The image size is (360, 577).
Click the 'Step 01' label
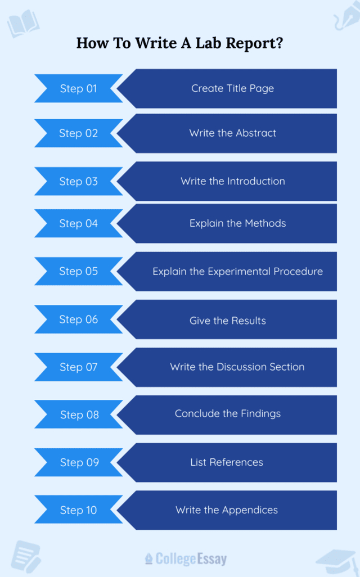(x=78, y=89)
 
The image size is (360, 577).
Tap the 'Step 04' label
(x=78, y=224)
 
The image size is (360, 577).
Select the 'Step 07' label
(x=78, y=367)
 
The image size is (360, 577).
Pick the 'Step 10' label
(x=78, y=511)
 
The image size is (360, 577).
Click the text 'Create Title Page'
(x=232, y=88)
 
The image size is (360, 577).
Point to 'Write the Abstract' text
(x=232, y=133)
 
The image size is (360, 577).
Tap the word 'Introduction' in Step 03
(x=256, y=181)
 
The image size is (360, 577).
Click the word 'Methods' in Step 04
(x=264, y=223)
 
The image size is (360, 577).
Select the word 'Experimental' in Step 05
(x=239, y=271)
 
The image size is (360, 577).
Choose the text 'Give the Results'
(x=227, y=321)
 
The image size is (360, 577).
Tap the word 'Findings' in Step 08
(x=259, y=413)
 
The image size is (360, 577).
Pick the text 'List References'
(x=227, y=462)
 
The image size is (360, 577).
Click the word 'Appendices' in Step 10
(x=251, y=510)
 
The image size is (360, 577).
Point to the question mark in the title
(x=279, y=43)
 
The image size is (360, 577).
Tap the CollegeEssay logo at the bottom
(x=186, y=558)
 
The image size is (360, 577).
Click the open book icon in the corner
(x=22, y=24)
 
